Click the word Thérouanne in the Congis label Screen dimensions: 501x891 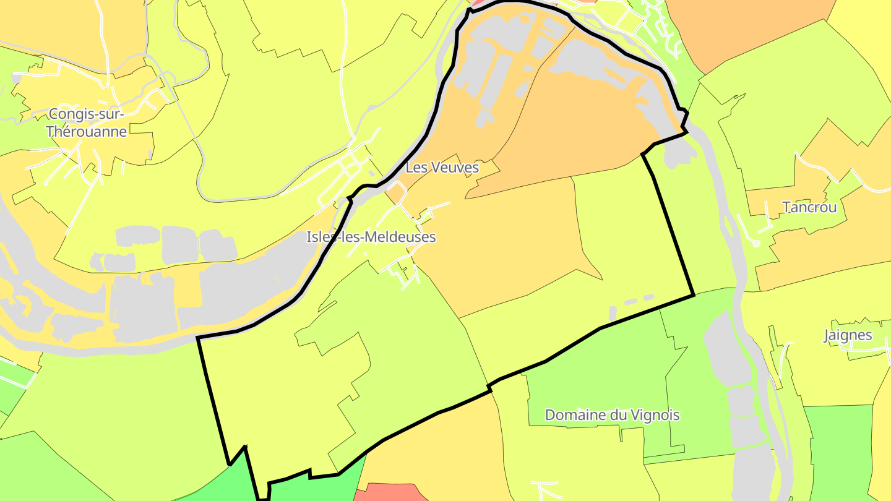click(87, 132)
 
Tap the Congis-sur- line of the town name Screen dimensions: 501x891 click(87, 114)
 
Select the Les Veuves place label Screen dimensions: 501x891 click(442, 168)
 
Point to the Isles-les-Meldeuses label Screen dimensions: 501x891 click(371, 237)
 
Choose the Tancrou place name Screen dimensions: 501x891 click(809, 207)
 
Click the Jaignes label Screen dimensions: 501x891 click(848, 335)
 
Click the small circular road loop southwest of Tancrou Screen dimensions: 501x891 click(755, 244)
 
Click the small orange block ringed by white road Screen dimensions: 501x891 click(396, 194)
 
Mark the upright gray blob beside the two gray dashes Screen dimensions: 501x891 click(613, 313)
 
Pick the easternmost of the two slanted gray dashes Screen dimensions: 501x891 click(648, 298)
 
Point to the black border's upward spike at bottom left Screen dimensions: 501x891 click(246, 447)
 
